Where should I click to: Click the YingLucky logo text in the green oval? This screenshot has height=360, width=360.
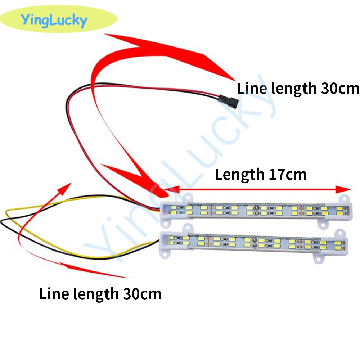tap(54, 20)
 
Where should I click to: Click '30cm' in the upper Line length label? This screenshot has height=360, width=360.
tap(340, 89)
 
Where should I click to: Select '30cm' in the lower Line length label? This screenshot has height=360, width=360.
tap(142, 294)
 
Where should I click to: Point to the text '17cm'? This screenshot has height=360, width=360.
tap(287, 175)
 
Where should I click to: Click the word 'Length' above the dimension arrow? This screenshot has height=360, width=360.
tap(239, 175)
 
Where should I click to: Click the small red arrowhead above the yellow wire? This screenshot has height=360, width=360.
tap(64, 189)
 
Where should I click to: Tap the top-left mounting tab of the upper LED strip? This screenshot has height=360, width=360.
tap(188, 197)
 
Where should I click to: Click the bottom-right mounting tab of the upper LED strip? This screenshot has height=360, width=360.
tap(323, 224)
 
